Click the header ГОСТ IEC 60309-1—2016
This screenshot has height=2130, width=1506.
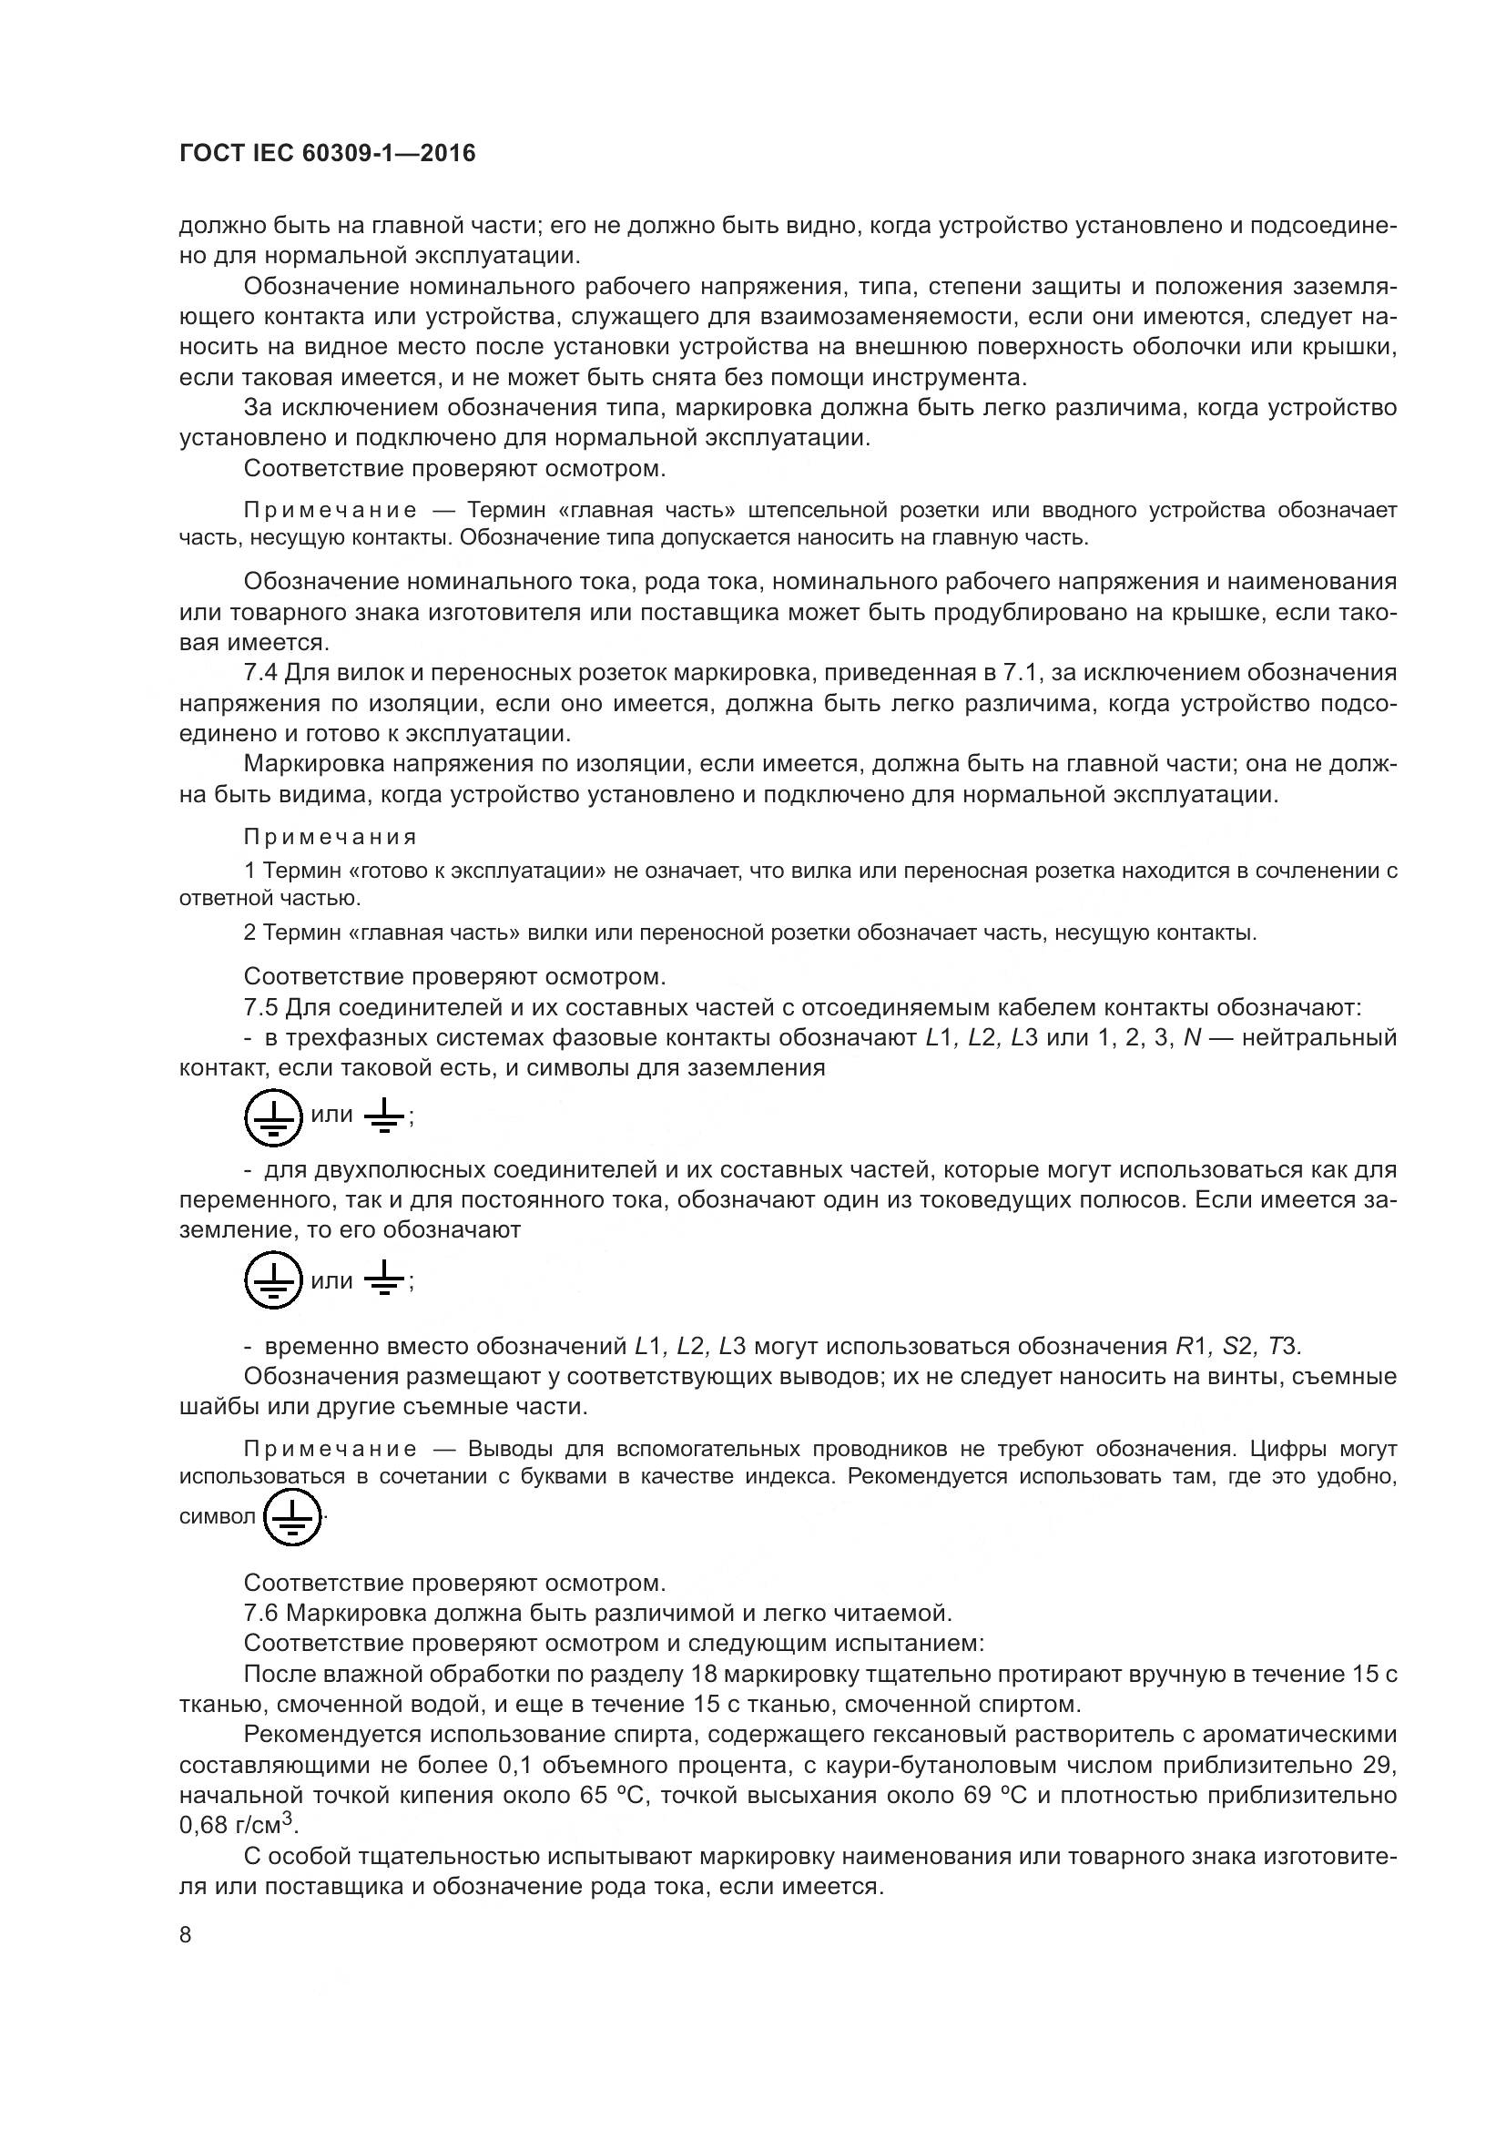click(x=327, y=154)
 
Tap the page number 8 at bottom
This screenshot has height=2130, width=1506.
click(x=186, y=1935)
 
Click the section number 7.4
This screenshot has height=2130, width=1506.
click(x=260, y=672)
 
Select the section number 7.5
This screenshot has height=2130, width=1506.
click(x=260, y=1006)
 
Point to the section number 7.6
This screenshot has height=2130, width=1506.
click(x=260, y=1613)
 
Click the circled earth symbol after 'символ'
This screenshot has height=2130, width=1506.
click(x=292, y=1517)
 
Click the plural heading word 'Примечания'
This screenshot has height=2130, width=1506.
click(x=331, y=837)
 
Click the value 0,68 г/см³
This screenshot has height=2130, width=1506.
click(x=237, y=1825)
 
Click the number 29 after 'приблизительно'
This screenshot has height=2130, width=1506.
click(x=1381, y=1765)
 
